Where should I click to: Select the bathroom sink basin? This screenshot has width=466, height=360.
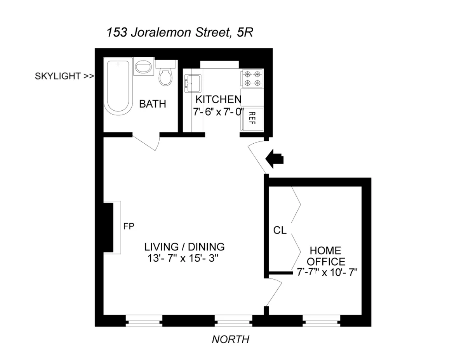coord(144,68)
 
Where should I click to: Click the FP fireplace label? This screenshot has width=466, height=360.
coord(129,226)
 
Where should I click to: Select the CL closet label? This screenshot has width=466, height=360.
coord(280,230)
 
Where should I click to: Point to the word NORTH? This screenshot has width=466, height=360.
coord(230,339)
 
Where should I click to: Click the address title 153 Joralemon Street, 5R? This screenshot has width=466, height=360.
coord(180,33)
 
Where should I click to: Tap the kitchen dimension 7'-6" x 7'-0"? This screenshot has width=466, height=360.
coord(218,112)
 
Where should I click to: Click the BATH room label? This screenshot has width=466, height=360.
coord(153,104)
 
